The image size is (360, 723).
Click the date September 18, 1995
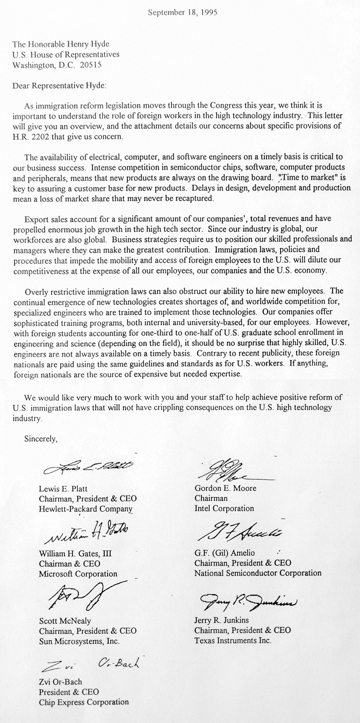(182, 12)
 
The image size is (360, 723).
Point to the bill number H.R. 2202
(30, 137)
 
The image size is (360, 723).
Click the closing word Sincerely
(41, 439)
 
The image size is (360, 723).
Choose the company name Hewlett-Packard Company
(85, 509)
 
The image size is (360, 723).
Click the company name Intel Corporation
(225, 509)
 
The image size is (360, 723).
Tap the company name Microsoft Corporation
(78, 574)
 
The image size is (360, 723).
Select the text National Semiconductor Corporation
(258, 573)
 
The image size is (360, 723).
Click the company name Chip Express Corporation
(84, 702)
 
